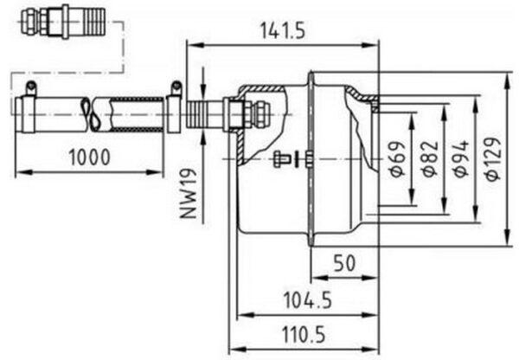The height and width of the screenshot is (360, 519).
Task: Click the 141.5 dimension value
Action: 282,30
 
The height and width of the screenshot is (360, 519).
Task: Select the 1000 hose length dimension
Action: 89,157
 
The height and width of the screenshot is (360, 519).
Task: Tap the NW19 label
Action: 189,194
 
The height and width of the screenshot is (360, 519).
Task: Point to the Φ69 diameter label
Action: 396,159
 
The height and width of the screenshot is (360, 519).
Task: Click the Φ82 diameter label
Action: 429,159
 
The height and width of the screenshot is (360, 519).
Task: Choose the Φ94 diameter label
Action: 461,159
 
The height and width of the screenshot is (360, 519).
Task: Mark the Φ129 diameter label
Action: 493,159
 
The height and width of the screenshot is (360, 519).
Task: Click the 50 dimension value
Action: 344,263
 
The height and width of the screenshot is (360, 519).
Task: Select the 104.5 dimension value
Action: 308,300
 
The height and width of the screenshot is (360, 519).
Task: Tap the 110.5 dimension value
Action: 304,335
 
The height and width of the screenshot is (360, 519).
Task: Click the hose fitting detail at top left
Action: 63,22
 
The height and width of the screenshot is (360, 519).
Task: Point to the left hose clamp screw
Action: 31,87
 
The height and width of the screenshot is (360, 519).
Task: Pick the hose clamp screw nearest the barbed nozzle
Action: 176,87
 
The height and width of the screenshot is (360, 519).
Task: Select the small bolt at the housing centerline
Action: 282,159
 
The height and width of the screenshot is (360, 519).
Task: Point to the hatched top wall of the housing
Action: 261,89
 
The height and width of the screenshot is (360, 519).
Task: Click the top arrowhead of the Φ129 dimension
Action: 507,82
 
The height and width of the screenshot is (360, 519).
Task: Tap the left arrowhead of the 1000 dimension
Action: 24,172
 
